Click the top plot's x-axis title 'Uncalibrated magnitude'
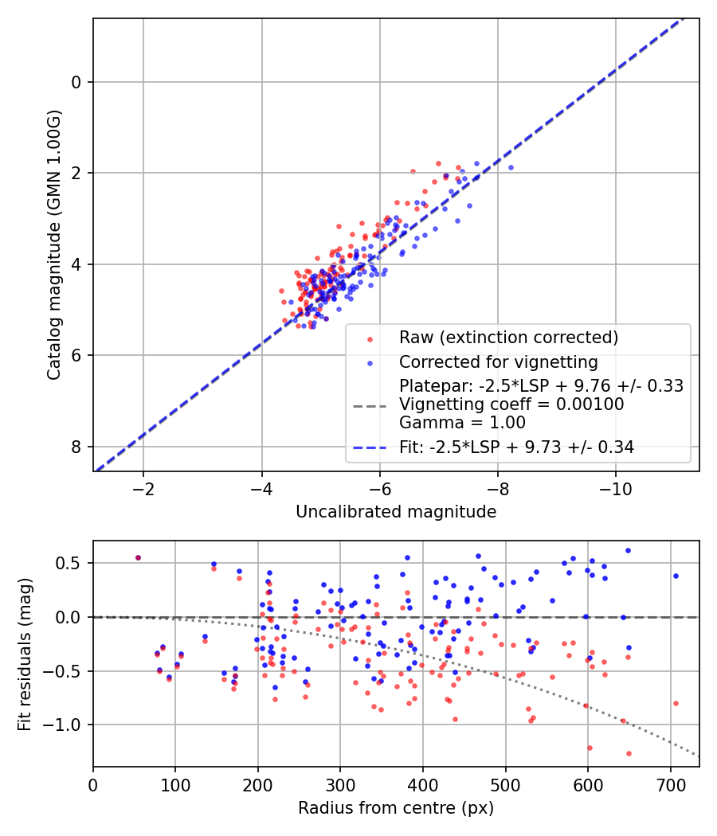click(x=396, y=512)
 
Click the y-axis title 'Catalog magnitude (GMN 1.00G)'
click(x=53, y=244)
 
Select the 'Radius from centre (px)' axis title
click(x=396, y=808)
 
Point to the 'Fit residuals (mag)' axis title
click(x=25, y=653)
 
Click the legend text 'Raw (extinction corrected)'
click(x=508, y=338)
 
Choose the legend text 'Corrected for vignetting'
click(x=499, y=362)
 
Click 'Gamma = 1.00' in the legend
click(x=450, y=423)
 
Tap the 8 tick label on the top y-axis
click(x=77, y=447)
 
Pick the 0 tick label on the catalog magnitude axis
click(x=77, y=82)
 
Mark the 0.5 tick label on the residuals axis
click(x=72, y=563)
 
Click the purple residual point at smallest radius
click(x=138, y=557)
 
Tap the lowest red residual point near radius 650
click(x=629, y=753)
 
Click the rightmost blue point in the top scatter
click(x=511, y=167)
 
